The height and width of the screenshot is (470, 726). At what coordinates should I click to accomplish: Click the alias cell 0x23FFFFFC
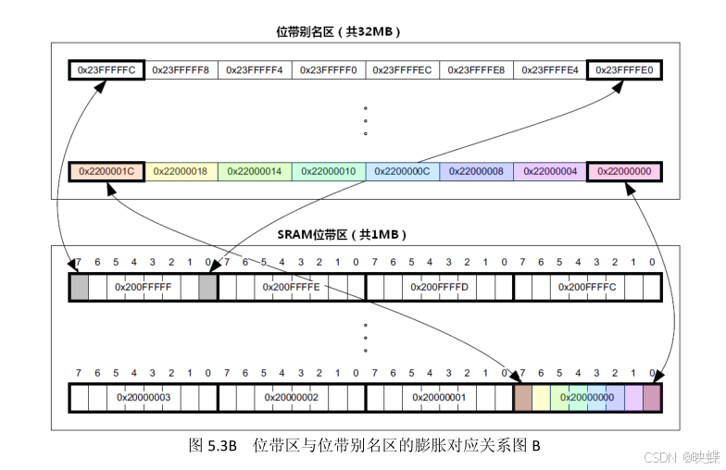tap(106, 69)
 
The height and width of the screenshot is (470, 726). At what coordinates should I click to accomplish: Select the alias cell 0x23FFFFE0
tap(624, 69)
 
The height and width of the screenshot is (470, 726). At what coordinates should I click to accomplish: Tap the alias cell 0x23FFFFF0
tap(329, 69)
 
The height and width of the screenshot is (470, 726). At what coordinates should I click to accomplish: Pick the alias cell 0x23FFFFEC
tap(403, 69)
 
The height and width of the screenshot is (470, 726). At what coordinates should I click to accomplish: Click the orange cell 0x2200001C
tap(106, 171)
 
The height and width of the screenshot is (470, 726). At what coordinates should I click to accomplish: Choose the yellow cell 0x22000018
tap(181, 171)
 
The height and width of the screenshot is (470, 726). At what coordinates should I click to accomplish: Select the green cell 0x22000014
tap(255, 171)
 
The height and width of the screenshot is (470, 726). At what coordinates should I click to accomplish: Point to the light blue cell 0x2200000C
tap(403, 171)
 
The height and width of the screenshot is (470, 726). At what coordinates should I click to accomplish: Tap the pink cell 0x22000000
tap(624, 171)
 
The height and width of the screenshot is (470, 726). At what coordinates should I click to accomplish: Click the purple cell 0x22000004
tap(550, 171)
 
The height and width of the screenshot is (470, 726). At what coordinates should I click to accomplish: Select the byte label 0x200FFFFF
tap(144, 288)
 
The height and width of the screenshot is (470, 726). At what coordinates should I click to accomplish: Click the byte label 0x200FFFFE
tap(292, 288)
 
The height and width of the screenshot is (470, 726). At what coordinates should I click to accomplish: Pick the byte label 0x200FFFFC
tap(587, 288)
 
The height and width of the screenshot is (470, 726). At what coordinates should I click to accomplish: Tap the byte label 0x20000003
tap(144, 398)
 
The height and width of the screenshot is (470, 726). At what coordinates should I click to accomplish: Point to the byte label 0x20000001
tap(439, 398)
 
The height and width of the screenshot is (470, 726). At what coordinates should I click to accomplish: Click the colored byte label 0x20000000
tap(587, 398)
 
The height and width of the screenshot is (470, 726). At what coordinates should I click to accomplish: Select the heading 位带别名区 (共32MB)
tap(338, 31)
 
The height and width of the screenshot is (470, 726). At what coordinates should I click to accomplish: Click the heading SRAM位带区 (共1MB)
tap(344, 234)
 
